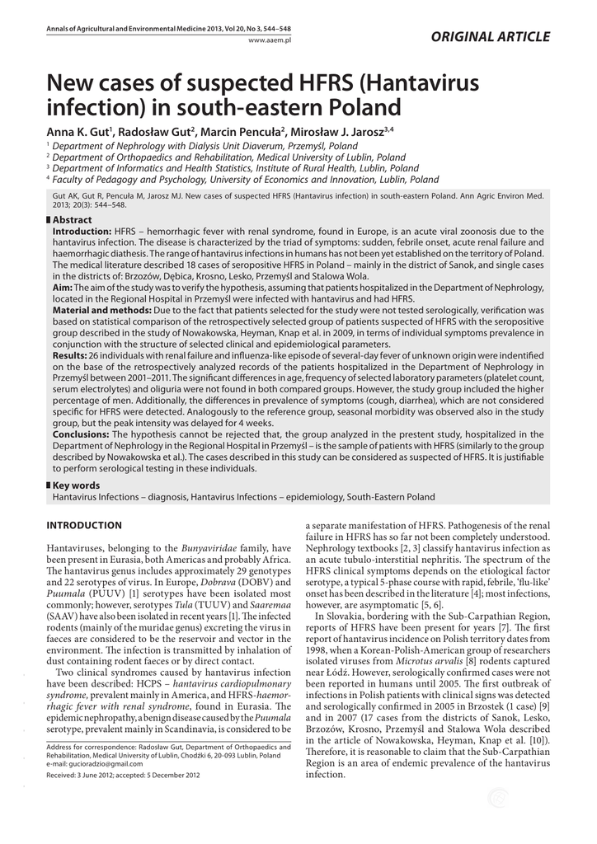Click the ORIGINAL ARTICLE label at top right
(x=501, y=36)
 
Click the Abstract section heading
(x=72, y=220)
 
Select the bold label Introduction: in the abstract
(x=82, y=232)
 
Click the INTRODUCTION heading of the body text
(x=84, y=525)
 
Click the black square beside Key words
(x=48, y=485)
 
